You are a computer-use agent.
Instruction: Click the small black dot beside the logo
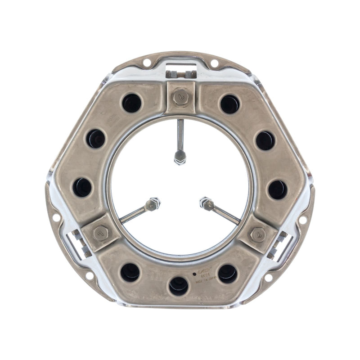pos(194,273)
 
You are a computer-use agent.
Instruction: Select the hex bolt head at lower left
pos(100,233)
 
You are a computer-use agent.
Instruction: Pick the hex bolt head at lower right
pos(258,234)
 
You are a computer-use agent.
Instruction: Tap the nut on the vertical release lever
pos(180,157)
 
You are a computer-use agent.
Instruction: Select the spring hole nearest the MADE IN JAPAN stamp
pos(228,273)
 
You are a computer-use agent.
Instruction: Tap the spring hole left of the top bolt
pos(131,103)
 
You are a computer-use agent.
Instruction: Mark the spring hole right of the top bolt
pos(230,104)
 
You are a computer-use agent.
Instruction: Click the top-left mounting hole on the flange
pos(147,63)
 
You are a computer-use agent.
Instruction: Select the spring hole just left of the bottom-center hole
pos(130,272)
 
